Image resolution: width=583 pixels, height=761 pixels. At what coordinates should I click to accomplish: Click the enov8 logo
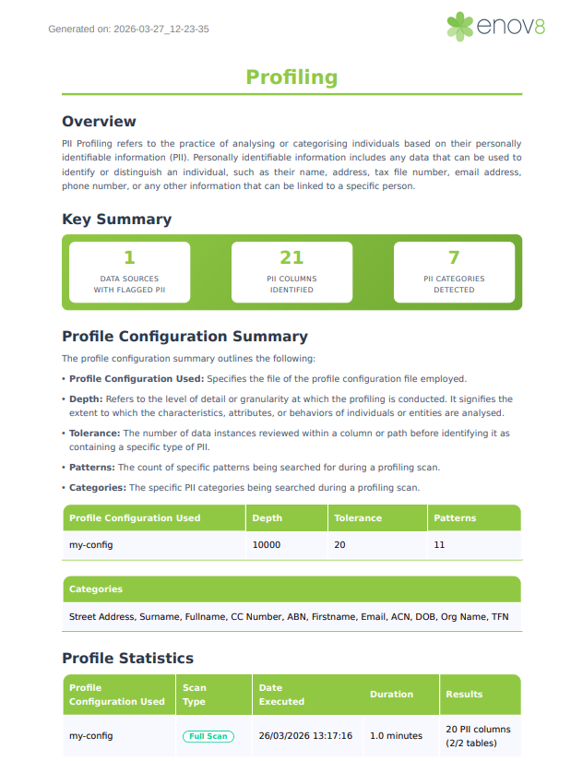tap(495, 26)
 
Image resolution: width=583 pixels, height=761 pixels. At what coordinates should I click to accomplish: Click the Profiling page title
tap(291, 77)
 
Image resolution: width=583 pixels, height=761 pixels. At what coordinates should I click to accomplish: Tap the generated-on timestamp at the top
tap(128, 30)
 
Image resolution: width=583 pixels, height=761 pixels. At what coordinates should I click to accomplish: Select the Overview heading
tap(99, 122)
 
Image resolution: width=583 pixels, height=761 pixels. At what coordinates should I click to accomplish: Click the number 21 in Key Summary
tap(291, 257)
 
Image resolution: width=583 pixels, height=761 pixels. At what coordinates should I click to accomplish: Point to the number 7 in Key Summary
tap(454, 257)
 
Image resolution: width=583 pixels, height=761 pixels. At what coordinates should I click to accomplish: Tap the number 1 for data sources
tap(129, 257)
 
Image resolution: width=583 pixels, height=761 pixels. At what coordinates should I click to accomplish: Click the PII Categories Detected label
tap(454, 284)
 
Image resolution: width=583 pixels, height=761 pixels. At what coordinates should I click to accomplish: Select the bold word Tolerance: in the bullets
tap(95, 433)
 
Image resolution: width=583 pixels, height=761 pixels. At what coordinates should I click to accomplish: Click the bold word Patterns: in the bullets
tap(92, 468)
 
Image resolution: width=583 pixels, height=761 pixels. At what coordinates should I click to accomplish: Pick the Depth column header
tap(268, 518)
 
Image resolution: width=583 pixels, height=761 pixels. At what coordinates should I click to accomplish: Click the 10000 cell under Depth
tap(267, 545)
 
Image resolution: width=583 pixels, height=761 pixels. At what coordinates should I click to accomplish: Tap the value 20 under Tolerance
tap(339, 545)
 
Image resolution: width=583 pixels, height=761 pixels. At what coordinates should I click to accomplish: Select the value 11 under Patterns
tap(439, 545)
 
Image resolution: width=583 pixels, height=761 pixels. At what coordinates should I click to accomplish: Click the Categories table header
tap(96, 589)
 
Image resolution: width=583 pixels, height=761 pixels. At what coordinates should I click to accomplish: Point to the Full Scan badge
tap(208, 736)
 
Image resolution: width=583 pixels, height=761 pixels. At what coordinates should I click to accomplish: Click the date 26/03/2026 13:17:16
tap(305, 736)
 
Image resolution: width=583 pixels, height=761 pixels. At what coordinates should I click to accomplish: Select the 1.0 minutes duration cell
tap(396, 736)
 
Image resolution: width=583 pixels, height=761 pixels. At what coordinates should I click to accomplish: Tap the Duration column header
tap(391, 695)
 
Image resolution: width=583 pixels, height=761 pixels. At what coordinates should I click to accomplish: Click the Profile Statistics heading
tap(127, 659)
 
